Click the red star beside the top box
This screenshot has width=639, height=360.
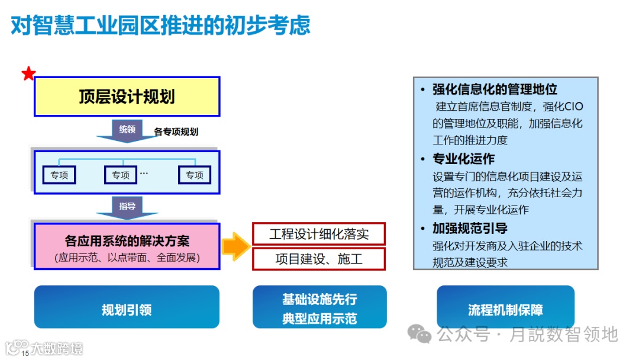pyautogui.click(x=28, y=74)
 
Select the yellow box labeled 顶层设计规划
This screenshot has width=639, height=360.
pyautogui.click(x=127, y=97)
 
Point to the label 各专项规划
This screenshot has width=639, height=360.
pyautogui.click(x=176, y=132)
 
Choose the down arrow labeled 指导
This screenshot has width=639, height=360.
pyautogui.click(x=127, y=208)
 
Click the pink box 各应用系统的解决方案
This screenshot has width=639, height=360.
pyautogui.click(x=127, y=247)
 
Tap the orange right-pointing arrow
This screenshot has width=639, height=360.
pyautogui.click(x=235, y=246)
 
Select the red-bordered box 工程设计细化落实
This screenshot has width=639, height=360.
pyautogui.click(x=319, y=234)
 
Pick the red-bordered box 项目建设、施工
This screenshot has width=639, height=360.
pyautogui.click(x=319, y=259)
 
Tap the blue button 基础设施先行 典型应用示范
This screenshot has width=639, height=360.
pyautogui.click(x=319, y=308)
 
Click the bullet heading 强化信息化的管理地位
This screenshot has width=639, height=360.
pyautogui.click(x=495, y=89)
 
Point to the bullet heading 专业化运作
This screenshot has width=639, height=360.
pyautogui.click(x=463, y=159)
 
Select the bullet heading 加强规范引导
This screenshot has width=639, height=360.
pyautogui.click(x=470, y=229)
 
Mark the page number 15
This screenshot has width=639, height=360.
pyautogui.click(x=25, y=353)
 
